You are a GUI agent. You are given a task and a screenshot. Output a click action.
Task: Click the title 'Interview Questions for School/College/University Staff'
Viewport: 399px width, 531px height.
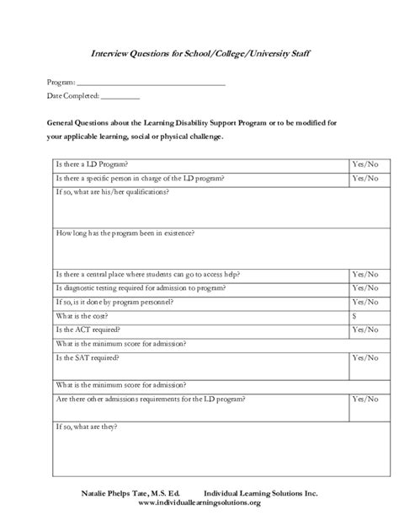(x=199, y=53)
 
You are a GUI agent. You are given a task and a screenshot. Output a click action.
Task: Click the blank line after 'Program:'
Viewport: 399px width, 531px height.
(x=151, y=83)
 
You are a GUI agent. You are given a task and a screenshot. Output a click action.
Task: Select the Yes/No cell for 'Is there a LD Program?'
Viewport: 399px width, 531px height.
(x=364, y=164)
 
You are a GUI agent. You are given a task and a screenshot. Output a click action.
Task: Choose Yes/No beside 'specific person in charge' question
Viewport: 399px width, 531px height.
(x=364, y=178)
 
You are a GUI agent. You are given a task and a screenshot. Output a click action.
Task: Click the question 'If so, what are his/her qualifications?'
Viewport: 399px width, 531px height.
(x=111, y=193)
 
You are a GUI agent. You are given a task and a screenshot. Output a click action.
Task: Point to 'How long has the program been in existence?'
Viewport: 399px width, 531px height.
(x=125, y=232)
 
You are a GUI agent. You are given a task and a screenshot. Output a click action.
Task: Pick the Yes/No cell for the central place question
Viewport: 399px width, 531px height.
(x=364, y=274)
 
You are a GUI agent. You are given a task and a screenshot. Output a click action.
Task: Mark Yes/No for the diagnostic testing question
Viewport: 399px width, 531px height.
(x=364, y=287)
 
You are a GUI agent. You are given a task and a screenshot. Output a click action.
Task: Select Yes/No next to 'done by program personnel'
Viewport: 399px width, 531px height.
(x=364, y=301)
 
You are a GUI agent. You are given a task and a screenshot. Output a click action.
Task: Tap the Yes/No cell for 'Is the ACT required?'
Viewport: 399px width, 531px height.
(x=364, y=329)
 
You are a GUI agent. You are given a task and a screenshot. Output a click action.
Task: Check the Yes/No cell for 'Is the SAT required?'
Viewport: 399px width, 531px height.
(x=364, y=357)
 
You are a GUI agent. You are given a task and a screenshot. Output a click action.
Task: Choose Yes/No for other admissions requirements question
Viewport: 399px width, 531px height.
(x=364, y=398)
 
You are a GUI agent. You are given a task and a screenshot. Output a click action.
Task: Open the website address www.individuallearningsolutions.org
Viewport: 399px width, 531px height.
(x=199, y=503)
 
